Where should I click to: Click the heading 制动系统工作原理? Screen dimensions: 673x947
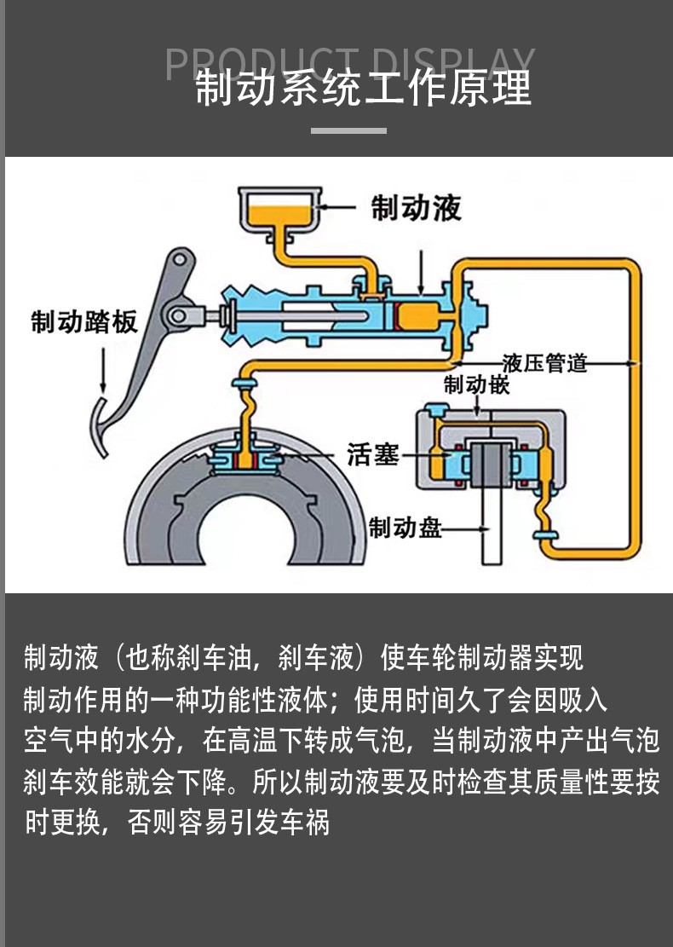(364, 89)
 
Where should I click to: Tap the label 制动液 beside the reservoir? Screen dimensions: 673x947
(417, 207)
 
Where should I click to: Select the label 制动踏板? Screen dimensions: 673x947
(83, 322)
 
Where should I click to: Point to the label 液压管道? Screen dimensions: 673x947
(545, 363)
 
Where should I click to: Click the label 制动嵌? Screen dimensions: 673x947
(477, 384)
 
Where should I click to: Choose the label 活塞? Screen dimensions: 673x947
(372, 454)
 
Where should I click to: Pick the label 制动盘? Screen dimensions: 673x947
(406, 528)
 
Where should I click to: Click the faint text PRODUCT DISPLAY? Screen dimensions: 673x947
(349, 63)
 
